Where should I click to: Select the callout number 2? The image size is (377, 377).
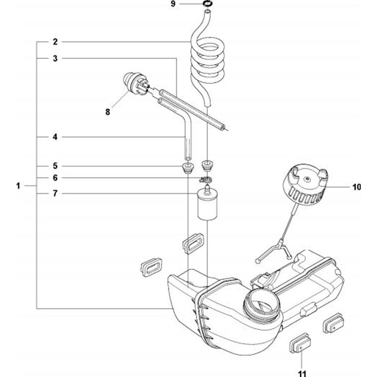55,42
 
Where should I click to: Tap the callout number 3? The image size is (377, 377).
55,58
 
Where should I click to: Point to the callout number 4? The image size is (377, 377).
55,137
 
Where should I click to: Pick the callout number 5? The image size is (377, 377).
55,166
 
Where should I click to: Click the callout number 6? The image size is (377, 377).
55,178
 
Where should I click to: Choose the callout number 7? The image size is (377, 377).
55,194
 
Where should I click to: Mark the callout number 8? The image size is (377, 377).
108,112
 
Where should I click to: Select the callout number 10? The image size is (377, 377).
356,187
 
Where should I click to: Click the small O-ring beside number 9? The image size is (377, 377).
207,4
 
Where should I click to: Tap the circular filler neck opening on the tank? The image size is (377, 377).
259,304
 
